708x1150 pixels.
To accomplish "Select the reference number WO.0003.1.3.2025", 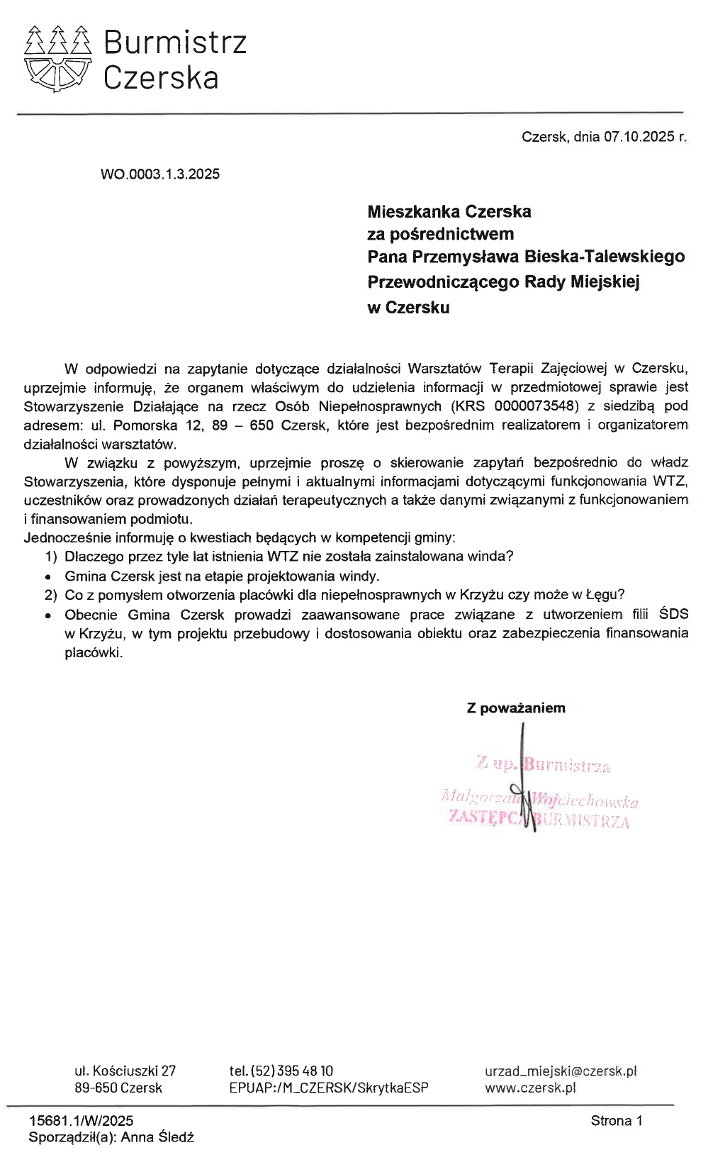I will [160, 174].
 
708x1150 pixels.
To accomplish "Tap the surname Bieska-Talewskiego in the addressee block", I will [605, 257].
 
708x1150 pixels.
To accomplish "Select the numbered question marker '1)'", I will [50, 557].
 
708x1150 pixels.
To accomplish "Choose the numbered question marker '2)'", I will [50, 595].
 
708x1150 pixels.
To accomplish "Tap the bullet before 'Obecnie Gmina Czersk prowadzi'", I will [48, 615].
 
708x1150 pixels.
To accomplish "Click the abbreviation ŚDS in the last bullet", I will [673, 614].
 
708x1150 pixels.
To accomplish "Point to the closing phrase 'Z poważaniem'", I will [516, 708].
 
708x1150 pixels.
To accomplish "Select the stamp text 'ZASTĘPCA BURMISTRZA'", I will [539, 820].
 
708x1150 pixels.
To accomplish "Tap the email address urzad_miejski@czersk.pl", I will [561, 1071].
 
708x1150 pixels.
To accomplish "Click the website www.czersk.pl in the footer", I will [530, 1088].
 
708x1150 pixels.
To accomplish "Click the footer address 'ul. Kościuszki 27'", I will [125, 1071].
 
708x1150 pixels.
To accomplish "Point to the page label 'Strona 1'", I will [617, 1121].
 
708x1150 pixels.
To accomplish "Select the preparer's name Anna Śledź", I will [157, 1137].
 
